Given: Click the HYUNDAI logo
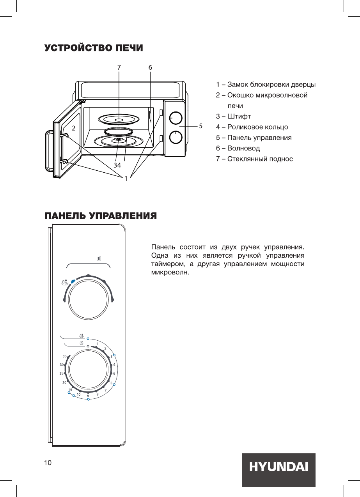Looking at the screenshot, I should coord(278,467).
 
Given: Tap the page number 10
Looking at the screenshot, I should coord(48,463).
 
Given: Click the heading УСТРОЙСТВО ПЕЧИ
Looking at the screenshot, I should coord(94,48).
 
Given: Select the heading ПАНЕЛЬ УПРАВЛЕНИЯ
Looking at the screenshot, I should coord(101,216).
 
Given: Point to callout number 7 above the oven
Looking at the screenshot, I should coord(119,67).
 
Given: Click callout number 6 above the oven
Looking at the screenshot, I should coord(150,67).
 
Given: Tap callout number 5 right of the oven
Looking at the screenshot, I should coord(200,126).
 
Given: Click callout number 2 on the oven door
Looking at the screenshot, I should coord(73,127).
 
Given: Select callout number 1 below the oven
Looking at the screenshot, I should coord(126,179).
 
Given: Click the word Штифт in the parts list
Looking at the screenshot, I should coord(239,117).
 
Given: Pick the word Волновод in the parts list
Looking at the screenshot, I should coord(243,148).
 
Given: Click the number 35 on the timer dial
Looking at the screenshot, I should coord(64,356).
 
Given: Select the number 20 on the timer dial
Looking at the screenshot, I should coord(64,382).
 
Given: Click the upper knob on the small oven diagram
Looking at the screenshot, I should coord(176,117).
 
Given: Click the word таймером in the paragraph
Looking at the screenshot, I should coord(166,264).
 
